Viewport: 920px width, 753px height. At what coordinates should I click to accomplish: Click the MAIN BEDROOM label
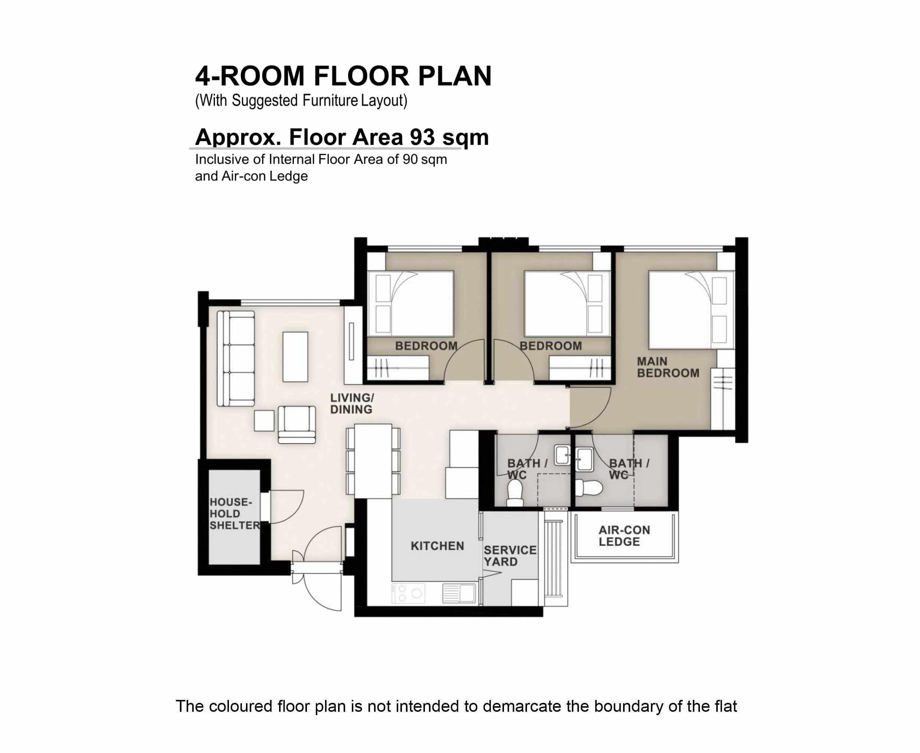click(667, 367)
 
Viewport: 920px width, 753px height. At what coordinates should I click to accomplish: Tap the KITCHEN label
click(437, 546)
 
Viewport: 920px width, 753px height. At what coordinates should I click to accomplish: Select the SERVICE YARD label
click(510, 555)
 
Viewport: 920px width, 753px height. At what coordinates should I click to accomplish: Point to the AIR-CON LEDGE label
click(623, 536)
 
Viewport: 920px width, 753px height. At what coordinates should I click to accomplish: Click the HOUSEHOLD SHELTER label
click(234, 514)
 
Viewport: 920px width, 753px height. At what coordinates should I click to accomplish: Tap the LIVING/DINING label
click(351, 403)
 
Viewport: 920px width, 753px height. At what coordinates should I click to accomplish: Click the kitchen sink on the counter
click(459, 593)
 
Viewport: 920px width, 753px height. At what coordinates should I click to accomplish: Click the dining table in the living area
click(373, 461)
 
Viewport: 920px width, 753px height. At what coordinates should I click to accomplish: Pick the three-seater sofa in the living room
click(236, 358)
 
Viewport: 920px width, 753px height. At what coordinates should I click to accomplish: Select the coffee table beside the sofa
click(295, 356)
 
